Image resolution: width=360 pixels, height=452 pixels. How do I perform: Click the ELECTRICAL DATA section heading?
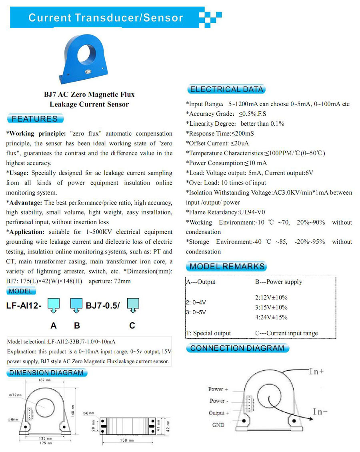click(x=226, y=89)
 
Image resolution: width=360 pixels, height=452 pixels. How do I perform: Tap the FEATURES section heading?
click(x=35, y=119)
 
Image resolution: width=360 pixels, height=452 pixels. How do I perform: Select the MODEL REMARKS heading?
click(x=226, y=266)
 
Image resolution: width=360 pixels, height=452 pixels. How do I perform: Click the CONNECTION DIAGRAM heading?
click(x=237, y=348)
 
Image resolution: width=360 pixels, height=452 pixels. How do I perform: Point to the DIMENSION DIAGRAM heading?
click(x=46, y=373)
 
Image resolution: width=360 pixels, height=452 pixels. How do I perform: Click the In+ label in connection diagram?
click(x=316, y=372)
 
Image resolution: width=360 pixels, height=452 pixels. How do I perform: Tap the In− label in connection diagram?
click(x=320, y=411)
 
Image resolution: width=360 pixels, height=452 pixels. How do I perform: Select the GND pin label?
click(x=218, y=425)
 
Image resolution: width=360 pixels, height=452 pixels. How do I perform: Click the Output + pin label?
click(x=219, y=413)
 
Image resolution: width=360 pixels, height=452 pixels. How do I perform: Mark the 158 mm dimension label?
click(x=126, y=440)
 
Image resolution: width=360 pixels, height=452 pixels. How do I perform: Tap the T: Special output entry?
click(x=208, y=333)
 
